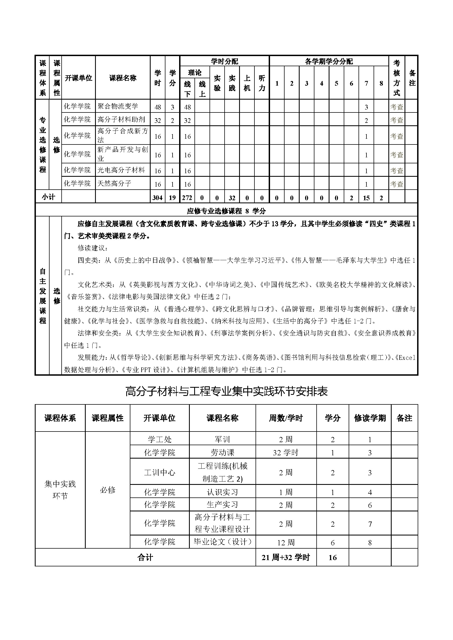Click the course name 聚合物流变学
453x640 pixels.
click(x=118, y=106)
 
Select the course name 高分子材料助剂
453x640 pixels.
click(x=121, y=120)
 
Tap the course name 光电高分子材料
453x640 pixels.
click(x=121, y=170)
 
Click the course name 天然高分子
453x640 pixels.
click(x=114, y=183)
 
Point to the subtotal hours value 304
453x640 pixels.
click(x=157, y=198)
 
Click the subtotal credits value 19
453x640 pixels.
click(x=172, y=198)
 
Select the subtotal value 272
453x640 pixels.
click(x=187, y=198)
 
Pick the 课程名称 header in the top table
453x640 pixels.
click(x=123, y=78)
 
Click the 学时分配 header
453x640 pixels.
click(x=225, y=61)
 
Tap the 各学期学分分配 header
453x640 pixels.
click(x=329, y=61)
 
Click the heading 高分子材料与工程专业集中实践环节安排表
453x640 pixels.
click(x=226, y=392)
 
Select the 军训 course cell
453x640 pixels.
click(x=222, y=440)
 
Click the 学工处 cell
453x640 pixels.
click(x=160, y=440)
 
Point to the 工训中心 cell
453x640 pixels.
click(x=160, y=473)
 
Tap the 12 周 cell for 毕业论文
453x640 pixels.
click(x=286, y=542)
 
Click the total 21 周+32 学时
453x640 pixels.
click(x=286, y=557)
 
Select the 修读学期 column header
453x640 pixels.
click(x=370, y=418)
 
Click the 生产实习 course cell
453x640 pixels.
click(x=222, y=505)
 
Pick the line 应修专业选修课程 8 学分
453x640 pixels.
click(x=226, y=211)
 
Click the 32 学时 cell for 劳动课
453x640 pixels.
click(x=286, y=453)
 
